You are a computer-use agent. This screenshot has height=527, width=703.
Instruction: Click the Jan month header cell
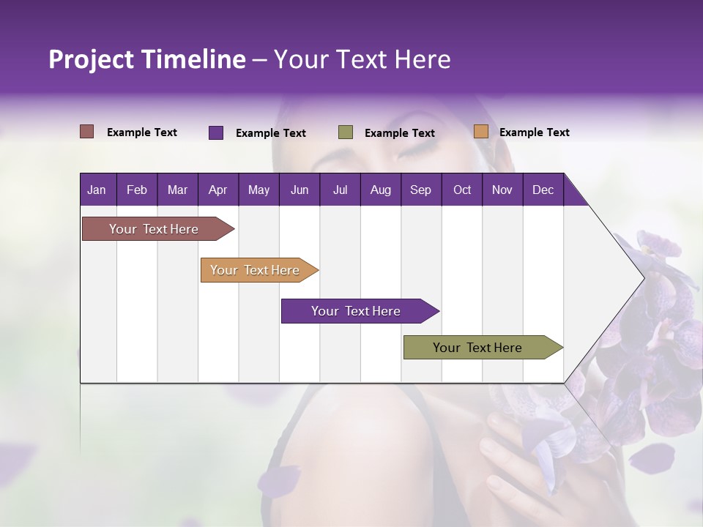pos(97,190)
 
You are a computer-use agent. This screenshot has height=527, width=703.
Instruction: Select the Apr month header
pos(218,190)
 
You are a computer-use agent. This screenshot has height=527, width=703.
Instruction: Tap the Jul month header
pos(340,190)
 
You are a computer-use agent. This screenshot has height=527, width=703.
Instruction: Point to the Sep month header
pos(420,190)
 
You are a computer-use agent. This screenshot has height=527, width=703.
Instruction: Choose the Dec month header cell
pos(543,190)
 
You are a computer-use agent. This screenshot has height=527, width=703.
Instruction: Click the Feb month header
pos(137,190)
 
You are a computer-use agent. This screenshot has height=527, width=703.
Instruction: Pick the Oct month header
pos(462,190)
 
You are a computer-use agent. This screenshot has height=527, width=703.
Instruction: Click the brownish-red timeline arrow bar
pos(154,229)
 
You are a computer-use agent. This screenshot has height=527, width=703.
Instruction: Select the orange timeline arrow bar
pos(255,270)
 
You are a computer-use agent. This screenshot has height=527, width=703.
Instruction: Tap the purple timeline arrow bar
pos(356,311)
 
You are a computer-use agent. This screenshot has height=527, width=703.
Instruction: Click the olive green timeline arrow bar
pos(477,348)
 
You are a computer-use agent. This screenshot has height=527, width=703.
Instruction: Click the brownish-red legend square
pos(87,132)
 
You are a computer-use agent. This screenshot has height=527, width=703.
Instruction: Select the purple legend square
pos(216,132)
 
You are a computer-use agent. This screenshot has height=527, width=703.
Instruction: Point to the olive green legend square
pos(346,132)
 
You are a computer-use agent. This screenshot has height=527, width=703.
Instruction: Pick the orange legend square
pos(481,132)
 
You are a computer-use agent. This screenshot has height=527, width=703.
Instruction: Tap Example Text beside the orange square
pos(534,132)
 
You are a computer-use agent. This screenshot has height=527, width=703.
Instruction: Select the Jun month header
pos(300,190)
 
